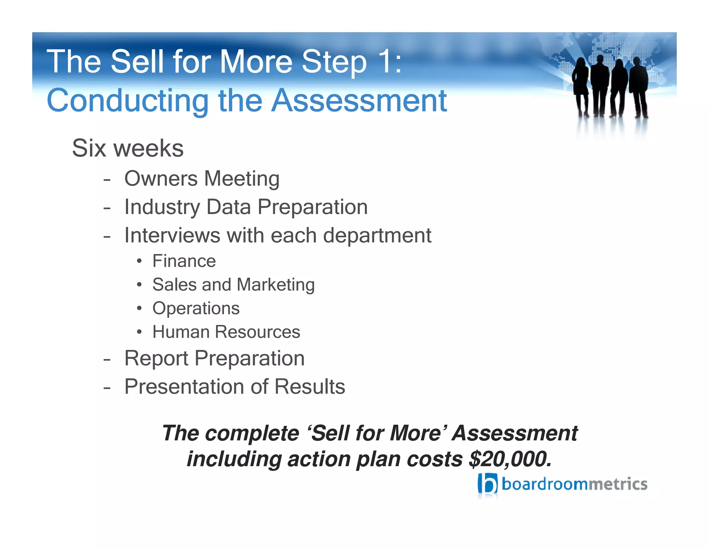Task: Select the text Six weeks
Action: pyautogui.click(x=128, y=148)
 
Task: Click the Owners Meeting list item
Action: pyautogui.click(x=202, y=179)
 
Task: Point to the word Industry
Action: pyautogui.click(x=162, y=207)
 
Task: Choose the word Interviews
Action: pyautogui.click(x=172, y=236)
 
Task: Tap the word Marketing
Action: pyautogui.click(x=276, y=285)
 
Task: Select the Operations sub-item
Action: pyautogui.click(x=196, y=308)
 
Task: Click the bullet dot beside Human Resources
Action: pyautogui.click(x=139, y=332)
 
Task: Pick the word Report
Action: pyautogui.click(x=156, y=358)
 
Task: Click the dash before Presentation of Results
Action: pyautogui.click(x=107, y=387)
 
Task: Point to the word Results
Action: pyautogui.click(x=310, y=387)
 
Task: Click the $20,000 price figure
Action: pyautogui.click(x=510, y=459)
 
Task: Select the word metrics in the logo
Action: pyautogui.click(x=618, y=484)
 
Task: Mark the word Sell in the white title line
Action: pyautogui.click(x=137, y=62)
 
